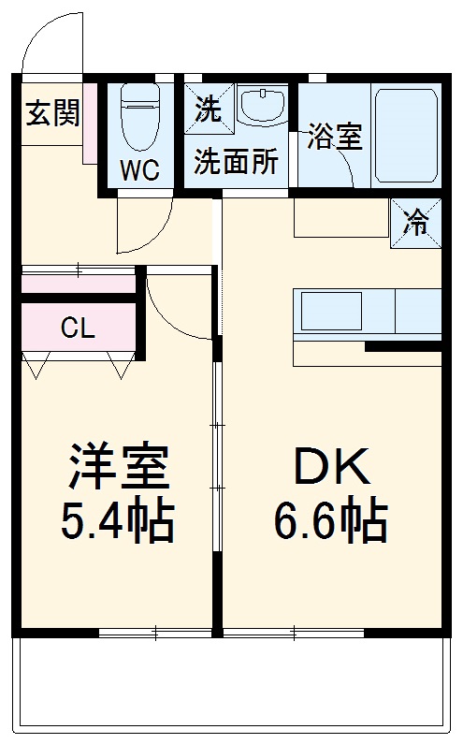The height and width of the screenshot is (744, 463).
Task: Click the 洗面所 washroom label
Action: tap(236, 161)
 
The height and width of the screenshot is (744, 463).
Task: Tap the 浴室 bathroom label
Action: tap(335, 137)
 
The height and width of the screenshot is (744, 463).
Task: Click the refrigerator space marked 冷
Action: tap(415, 224)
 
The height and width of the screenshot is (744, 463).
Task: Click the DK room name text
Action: tap(329, 465)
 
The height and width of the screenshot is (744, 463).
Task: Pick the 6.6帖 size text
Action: tap(329, 520)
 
